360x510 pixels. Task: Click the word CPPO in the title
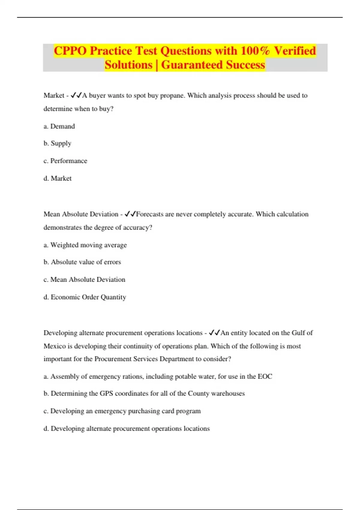(70, 51)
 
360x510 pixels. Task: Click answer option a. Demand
(59, 126)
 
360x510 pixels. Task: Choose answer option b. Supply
(57, 143)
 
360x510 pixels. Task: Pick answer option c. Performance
(65, 161)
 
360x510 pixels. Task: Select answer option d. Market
(58, 178)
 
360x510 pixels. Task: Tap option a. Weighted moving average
(85, 245)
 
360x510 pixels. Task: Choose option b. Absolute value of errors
(82, 262)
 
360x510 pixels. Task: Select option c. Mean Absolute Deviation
(84, 280)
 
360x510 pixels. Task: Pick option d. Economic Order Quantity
(85, 297)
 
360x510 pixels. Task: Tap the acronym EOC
(265, 376)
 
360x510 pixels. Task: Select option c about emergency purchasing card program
(122, 411)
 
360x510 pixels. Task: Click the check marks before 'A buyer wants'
(76, 95)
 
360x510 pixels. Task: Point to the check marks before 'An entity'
(214, 333)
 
